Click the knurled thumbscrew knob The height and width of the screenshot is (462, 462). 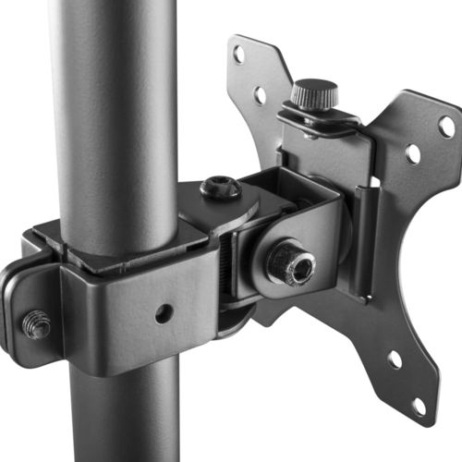pos(314,93)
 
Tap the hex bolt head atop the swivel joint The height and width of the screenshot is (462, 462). pos(220,189)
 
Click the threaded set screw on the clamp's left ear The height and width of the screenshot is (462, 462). pos(36,323)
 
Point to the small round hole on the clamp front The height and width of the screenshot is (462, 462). pos(164,313)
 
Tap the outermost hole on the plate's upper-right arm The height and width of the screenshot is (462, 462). pos(446,126)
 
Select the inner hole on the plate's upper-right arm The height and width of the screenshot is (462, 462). pos(412,153)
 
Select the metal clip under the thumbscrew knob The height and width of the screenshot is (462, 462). pos(319,118)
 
